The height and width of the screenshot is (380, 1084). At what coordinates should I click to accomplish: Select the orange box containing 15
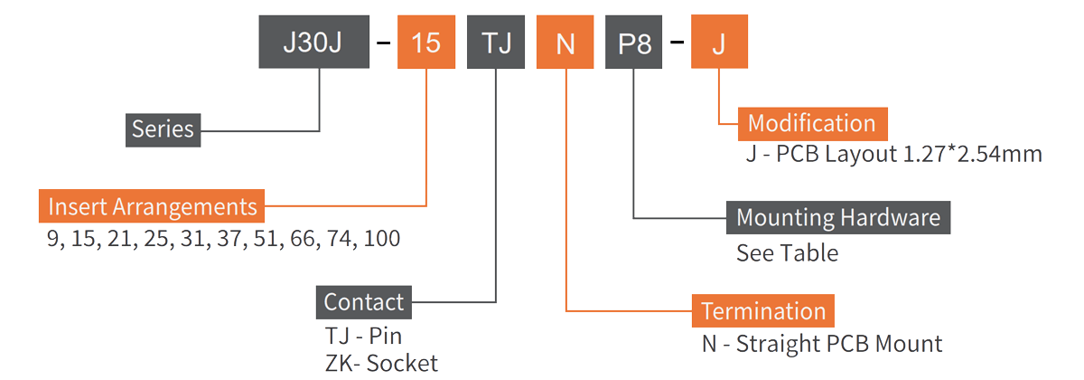tap(426, 43)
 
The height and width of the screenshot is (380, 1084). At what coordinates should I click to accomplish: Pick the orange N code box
tap(565, 43)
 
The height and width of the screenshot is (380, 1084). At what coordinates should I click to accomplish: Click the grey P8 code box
tap(634, 43)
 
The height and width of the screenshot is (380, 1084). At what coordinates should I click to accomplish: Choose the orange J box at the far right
tap(719, 43)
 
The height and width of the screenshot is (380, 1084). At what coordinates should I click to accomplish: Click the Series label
tap(163, 128)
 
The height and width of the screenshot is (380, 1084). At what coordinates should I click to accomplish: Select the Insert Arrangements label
tap(152, 207)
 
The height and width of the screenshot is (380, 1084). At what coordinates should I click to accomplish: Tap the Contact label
tap(364, 301)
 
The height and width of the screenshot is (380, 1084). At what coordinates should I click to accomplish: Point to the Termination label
tap(762, 311)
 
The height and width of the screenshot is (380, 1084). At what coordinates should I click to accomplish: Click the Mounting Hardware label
tap(837, 218)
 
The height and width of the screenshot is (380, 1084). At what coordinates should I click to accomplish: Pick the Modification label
tap(811, 123)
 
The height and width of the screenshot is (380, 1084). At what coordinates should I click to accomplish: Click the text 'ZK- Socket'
tap(380, 364)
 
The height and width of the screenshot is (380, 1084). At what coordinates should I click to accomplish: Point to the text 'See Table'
tap(787, 252)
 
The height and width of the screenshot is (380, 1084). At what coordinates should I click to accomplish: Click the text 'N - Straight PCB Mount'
tap(822, 344)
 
